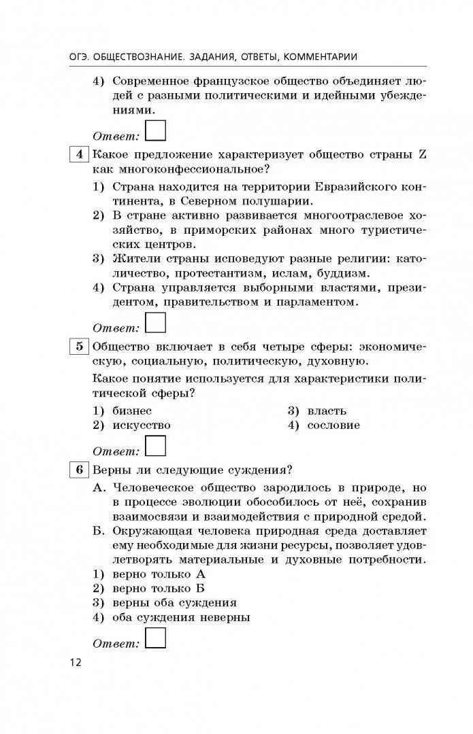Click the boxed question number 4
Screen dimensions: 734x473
pyautogui.click(x=80, y=154)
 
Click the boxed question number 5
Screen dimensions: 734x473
pyautogui.click(x=80, y=347)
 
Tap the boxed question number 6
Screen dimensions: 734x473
pyautogui.click(x=80, y=470)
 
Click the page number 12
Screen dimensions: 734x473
pyautogui.click(x=75, y=663)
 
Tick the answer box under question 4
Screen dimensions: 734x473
pyautogui.click(x=156, y=322)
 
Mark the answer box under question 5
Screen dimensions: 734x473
pyautogui.click(x=156, y=446)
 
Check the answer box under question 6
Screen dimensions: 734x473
pyautogui.click(x=156, y=639)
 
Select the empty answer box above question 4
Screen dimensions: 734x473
pyautogui.click(x=156, y=130)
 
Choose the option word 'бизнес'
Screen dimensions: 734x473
pyautogui.click(x=132, y=410)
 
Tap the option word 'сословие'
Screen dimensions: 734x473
pyautogui.click(x=333, y=425)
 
